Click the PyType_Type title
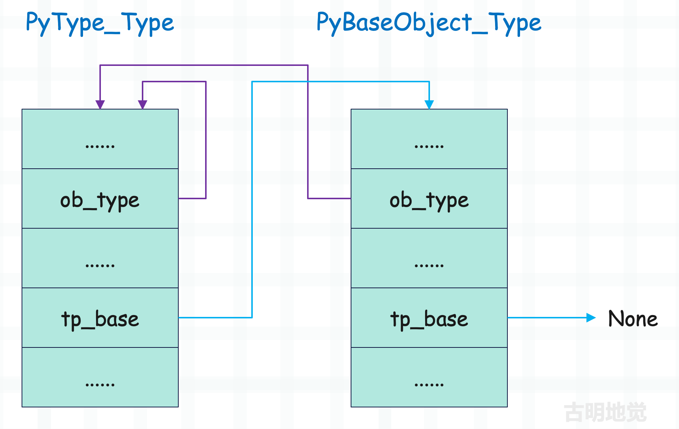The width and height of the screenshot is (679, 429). [100, 23]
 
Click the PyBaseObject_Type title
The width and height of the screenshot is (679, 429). [429, 23]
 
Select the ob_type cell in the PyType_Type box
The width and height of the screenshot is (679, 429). [100, 198]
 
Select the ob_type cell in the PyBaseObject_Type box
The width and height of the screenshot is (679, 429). [429, 198]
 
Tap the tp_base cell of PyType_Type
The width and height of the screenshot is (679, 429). [100, 318]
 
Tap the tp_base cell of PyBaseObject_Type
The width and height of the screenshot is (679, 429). [429, 318]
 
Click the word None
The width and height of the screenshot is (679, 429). [633, 319]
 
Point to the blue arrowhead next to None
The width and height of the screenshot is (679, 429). [591, 318]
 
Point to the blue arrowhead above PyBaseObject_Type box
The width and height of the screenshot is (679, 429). [429, 105]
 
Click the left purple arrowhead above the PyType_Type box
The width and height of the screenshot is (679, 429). [100, 105]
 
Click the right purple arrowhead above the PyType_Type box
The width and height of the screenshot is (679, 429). [143, 105]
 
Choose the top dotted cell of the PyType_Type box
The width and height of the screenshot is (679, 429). [100, 139]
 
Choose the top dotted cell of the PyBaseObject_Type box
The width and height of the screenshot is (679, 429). [429, 139]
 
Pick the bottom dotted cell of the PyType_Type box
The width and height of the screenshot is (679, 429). [100, 377]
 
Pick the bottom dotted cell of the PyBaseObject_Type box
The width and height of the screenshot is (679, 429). [429, 377]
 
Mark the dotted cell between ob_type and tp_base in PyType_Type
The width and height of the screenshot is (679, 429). [100, 258]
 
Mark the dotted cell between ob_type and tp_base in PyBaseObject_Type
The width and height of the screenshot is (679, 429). [429, 258]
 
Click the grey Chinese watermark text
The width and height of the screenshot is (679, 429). [606, 412]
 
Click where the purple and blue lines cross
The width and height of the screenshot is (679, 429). [308, 82]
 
